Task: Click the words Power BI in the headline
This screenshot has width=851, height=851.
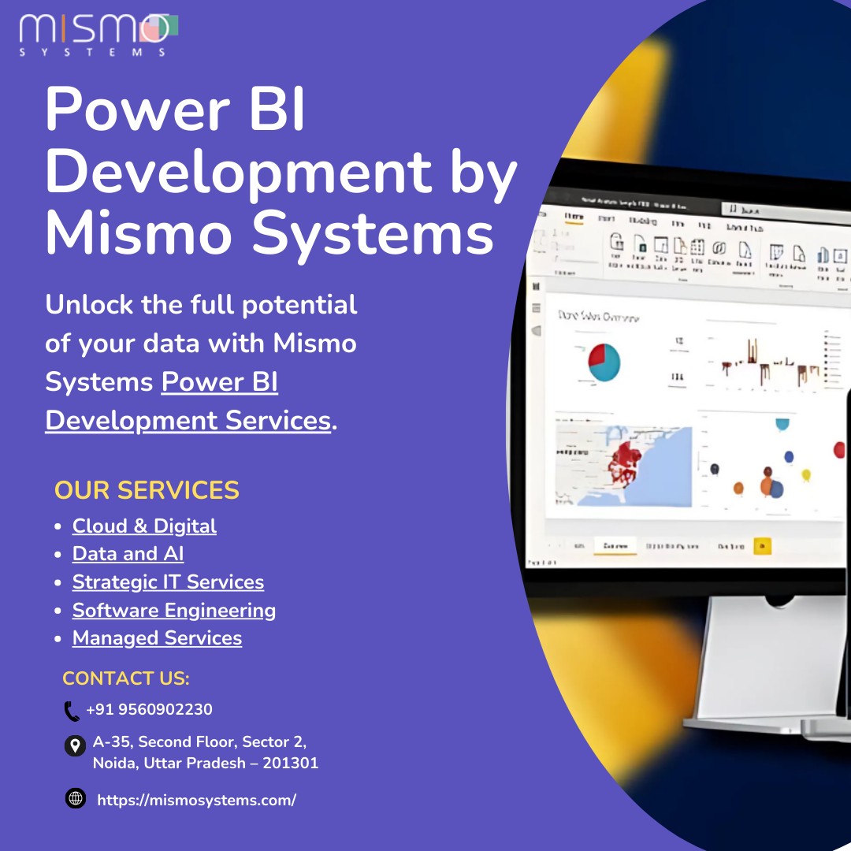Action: tap(174, 110)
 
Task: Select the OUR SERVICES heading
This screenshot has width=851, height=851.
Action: tap(147, 490)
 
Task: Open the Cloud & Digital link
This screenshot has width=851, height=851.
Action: tap(144, 526)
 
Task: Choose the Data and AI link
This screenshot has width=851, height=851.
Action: tap(128, 554)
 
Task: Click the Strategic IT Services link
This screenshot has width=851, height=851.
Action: tap(168, 582)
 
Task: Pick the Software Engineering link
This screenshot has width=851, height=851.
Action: tap(174, 611)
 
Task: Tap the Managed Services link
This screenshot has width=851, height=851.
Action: tap(157, 638)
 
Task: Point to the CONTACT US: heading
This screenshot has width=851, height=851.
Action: tap(126, 678)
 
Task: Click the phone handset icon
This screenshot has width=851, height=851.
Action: tap(72, 711)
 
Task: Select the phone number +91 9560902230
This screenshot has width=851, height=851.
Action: tap(149, 710)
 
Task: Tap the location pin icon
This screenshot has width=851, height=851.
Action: tap(75, 745)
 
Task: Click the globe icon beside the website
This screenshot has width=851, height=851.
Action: tap(76, 799)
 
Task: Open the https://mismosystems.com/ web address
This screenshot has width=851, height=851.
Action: tap(196, 801)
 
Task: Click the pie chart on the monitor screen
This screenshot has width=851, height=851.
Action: tap(604, 362)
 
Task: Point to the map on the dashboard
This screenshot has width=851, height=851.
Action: tap(623, 466)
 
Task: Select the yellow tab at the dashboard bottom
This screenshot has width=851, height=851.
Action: tap(762, 546)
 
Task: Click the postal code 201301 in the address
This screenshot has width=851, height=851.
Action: tap(291, 763)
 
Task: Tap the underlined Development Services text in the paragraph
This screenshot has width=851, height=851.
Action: tap(188, 421)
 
